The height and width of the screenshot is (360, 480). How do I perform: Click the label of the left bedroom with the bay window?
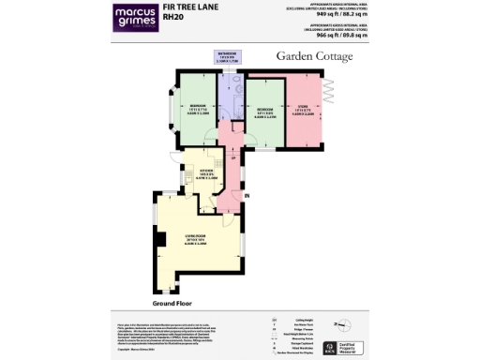[x=197, y=108]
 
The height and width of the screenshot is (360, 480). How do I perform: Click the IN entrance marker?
[x=247, y=195]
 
